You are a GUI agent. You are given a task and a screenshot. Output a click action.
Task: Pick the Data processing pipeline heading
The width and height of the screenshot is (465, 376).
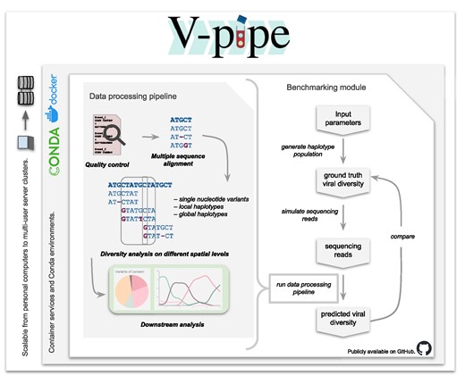[135, 96]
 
